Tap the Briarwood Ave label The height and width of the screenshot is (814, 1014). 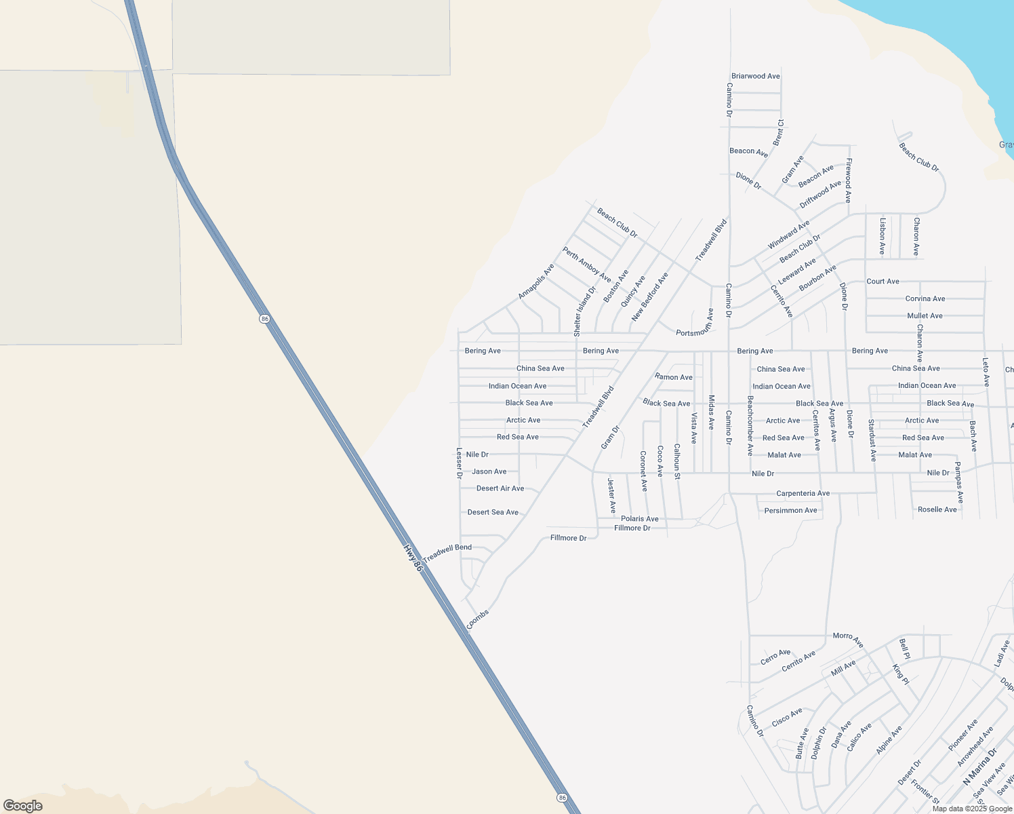[x=755, y=76]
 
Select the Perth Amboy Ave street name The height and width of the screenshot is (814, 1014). [x=586, y=265]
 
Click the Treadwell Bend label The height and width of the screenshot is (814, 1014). [x=447, y=553]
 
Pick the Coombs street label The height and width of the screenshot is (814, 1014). [x=478, y=619]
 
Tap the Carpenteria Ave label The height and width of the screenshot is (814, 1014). [x=803, y=493]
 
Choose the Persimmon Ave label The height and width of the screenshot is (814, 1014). [x=790, y=510]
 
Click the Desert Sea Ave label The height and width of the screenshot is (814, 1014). [x=493, y=512]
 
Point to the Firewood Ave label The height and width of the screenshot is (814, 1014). [x=848, y=181]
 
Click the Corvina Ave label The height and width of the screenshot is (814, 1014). [x=925, y=298]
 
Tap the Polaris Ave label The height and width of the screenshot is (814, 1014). [x=639, y=519]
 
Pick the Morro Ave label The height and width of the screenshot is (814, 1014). [x=848, y=639]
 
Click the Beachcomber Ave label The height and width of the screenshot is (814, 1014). [x=750, y=425]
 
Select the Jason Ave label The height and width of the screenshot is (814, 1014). [x=489, y=471]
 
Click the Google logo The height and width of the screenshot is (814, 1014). [x=23, y=806]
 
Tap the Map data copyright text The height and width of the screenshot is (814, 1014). [x=972, y=809]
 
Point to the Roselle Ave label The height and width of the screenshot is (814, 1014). [x=937, y=509]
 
